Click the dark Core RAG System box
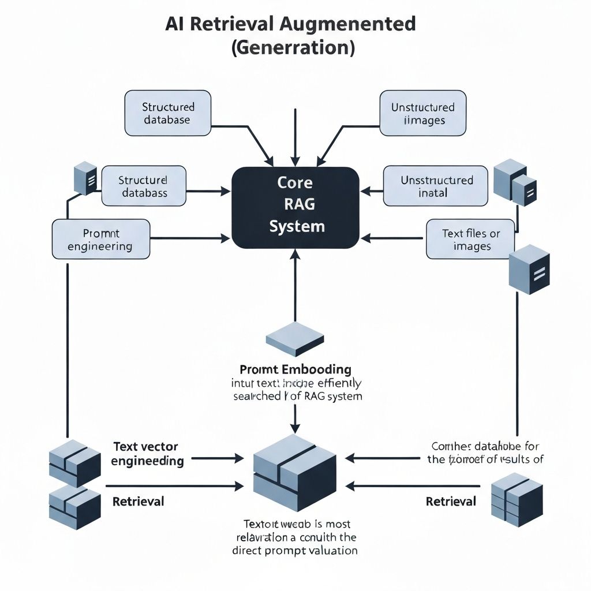point(295,207)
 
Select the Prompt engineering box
point(101,240)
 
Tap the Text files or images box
point(470,240)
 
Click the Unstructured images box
point(422,114)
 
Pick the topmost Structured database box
point(168,113)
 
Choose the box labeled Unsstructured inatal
point(436,186)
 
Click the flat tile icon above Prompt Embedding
point(295,338)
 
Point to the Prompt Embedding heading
point(295,369)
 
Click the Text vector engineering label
point(147,454)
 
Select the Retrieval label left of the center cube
point(138,501)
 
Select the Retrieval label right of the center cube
point(451,501)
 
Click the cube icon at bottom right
point(517,500)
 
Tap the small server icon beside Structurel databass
point(85,178)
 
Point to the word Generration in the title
point(293,47)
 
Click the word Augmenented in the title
point(358,24)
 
